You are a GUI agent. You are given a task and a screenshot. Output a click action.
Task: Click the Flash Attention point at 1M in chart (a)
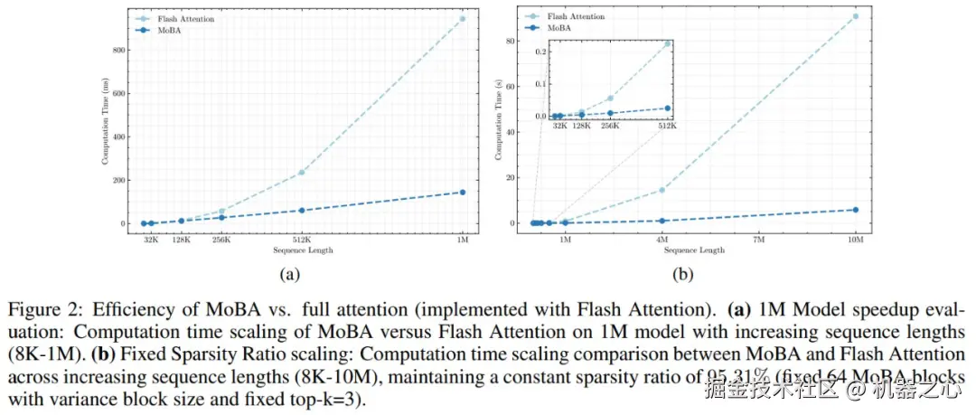(x=463, y=19)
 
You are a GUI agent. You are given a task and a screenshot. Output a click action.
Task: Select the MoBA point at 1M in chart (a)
(x=463, y=193)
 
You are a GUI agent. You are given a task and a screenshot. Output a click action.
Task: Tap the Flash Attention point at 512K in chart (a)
(x=302, y=173)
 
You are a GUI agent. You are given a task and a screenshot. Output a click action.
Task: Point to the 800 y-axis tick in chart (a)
(x=119, y=50)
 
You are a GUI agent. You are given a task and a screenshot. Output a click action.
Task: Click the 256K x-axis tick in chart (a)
(x=221, y=241)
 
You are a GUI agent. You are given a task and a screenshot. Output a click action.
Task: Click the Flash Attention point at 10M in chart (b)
(x=856, y=16)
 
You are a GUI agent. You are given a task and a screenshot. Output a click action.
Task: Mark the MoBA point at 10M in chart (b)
(x=856, y=210)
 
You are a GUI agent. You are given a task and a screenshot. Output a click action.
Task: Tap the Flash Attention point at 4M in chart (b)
(x=662, y=190)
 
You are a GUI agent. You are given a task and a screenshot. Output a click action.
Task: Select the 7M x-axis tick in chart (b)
(x=759, y=241)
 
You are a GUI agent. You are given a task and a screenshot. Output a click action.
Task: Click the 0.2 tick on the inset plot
(x=541, y=51)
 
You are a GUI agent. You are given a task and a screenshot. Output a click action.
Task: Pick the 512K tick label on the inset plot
(x=668, y=126)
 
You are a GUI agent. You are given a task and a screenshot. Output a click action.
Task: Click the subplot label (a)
(x=288, y=273)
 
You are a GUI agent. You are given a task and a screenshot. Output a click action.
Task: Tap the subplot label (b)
(x=683, y=273)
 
